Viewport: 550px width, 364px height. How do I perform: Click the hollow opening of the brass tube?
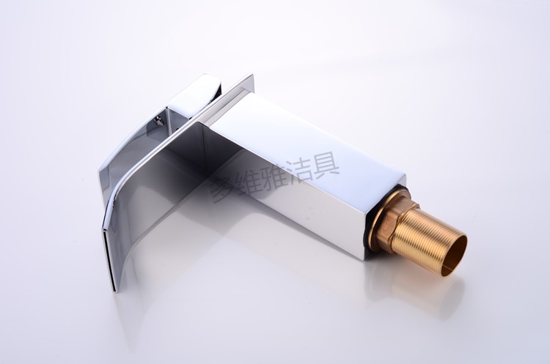tap(453, 255)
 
